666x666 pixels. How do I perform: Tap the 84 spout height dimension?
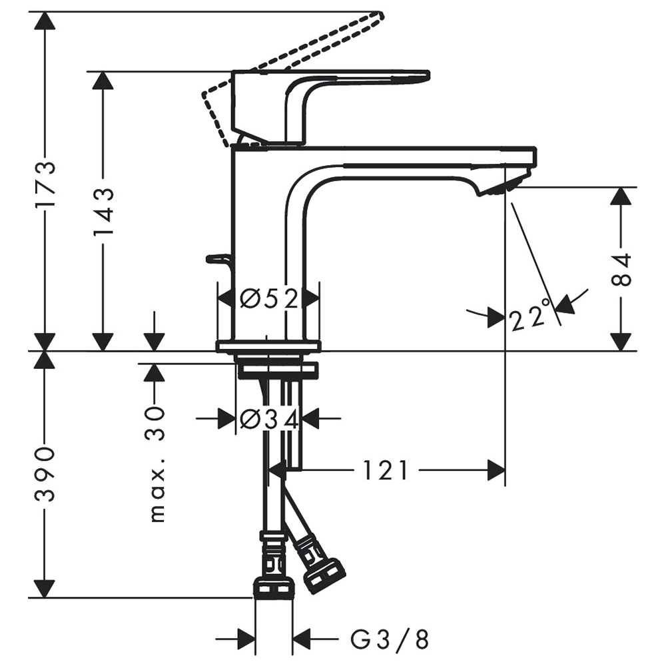621,270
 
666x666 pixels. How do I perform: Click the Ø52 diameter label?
269,299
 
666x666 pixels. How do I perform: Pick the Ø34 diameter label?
269,419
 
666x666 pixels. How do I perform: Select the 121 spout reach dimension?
386,471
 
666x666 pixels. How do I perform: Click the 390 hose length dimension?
45,474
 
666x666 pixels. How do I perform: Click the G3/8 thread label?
390,639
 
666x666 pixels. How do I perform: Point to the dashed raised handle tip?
380,17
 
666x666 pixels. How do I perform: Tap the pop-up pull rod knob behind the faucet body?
218,258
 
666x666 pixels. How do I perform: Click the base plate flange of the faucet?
268,346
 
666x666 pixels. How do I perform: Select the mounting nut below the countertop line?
277,370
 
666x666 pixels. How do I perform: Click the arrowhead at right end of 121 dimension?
496,471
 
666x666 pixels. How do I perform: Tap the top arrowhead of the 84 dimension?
621,196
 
